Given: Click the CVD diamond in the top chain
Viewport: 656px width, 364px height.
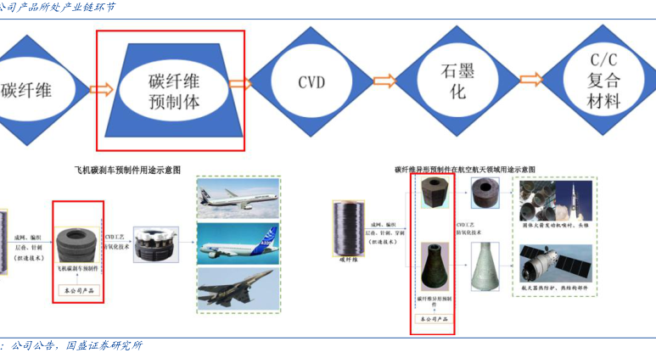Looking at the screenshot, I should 311,82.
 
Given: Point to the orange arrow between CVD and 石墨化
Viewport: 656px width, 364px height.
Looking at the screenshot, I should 384,81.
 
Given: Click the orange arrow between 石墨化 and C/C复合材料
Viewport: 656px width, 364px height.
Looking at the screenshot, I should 530,81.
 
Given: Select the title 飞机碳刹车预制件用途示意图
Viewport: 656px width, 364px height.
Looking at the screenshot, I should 128,171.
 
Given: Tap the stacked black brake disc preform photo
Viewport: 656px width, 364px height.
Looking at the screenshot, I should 77,241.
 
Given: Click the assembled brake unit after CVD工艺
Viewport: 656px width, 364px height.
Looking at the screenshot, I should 154,243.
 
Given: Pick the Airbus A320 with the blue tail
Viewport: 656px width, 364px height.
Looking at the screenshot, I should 237,244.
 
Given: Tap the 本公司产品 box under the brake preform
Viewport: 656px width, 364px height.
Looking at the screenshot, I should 77,291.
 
